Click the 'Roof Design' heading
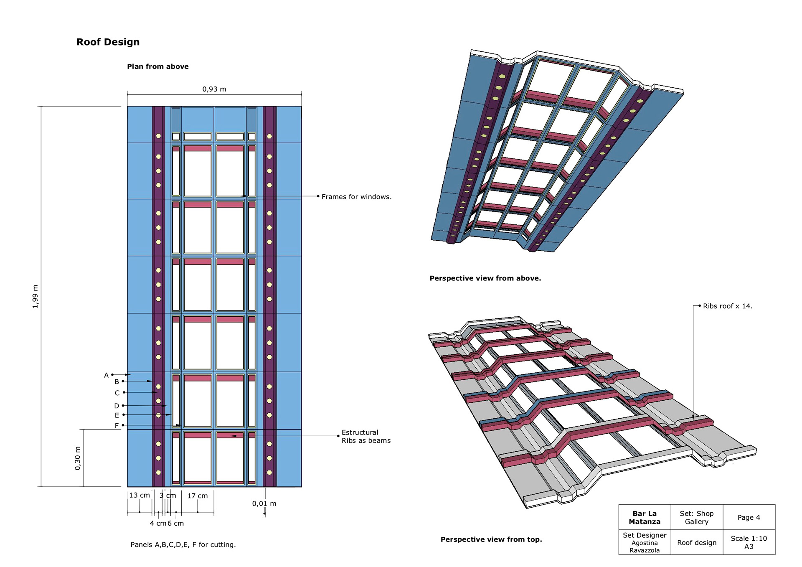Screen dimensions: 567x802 (x=108, y=42)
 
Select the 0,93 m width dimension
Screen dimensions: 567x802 (x=214, y=89)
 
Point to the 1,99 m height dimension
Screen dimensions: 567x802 (x=36, y=296)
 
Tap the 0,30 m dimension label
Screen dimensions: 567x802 (x=78, y=458)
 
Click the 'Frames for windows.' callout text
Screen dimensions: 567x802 (x=356, y=197)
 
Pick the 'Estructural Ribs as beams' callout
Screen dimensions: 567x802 (x=366, y=436)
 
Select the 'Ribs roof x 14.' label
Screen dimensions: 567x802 (x=727, y=306)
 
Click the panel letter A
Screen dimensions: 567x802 (x=106, y=375)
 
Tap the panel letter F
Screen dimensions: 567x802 (x=117, y=425)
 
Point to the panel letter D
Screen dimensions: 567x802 (x=117, y=406)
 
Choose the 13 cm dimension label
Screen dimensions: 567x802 (x=140, y=495)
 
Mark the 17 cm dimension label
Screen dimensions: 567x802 (x=197, y=496)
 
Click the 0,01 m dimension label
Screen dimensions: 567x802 (x=264, y=503)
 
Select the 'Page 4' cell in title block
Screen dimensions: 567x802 (x=749, y=517)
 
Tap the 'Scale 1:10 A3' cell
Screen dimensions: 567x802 (x=749, y=542)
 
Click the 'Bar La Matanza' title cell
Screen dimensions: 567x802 (x=645, y=517)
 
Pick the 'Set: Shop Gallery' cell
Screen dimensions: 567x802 (x=696, y=517)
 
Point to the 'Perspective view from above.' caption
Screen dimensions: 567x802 (x=485, y=278)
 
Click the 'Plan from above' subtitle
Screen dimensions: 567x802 (x=158, y=66)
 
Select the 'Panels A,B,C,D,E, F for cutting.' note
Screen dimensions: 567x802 (x=183, y=544)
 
